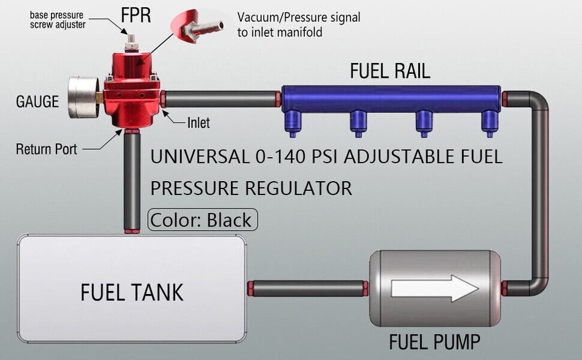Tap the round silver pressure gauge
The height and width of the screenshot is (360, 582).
[x=83, y=97]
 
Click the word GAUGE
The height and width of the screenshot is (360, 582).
[x=38, y=101]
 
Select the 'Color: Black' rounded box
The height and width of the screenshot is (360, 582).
[x=202, y=219]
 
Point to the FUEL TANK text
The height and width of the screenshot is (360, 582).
[x=132, y=293]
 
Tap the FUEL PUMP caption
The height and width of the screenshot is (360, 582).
[x=434, y=342]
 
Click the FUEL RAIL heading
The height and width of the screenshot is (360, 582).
[x=390, y=72]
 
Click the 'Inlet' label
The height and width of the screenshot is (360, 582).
[x=198, y=123]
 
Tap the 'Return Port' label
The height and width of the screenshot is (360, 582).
[x=47, y=148]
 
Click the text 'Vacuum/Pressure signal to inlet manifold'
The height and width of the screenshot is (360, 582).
[x=298, y=24]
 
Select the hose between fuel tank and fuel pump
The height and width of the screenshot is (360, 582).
[x=308, y=288]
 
